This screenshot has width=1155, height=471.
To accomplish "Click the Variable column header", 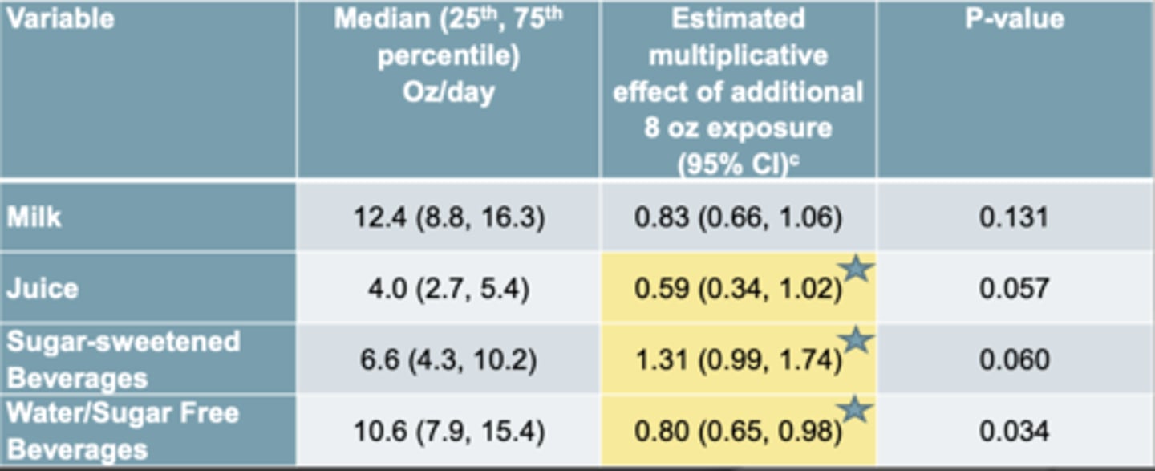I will [60, 18].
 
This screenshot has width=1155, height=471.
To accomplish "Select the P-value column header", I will [1015, 18].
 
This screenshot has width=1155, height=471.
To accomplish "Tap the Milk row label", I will [34, 217].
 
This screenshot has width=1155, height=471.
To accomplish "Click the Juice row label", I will [43, 287].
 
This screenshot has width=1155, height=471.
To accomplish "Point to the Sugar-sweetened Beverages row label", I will [123, 359].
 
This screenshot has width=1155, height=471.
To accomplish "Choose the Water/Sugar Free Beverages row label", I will [123, 430].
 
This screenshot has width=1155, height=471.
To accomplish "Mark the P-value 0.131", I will [1014, 217].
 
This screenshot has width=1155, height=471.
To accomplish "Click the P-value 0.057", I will [1014, 288].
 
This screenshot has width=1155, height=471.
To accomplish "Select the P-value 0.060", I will [1014, 359].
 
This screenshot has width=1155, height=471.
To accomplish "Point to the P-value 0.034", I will [1014, 431].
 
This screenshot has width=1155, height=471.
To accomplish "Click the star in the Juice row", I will [857, 269].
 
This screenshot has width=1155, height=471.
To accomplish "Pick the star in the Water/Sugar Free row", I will [855, 410].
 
